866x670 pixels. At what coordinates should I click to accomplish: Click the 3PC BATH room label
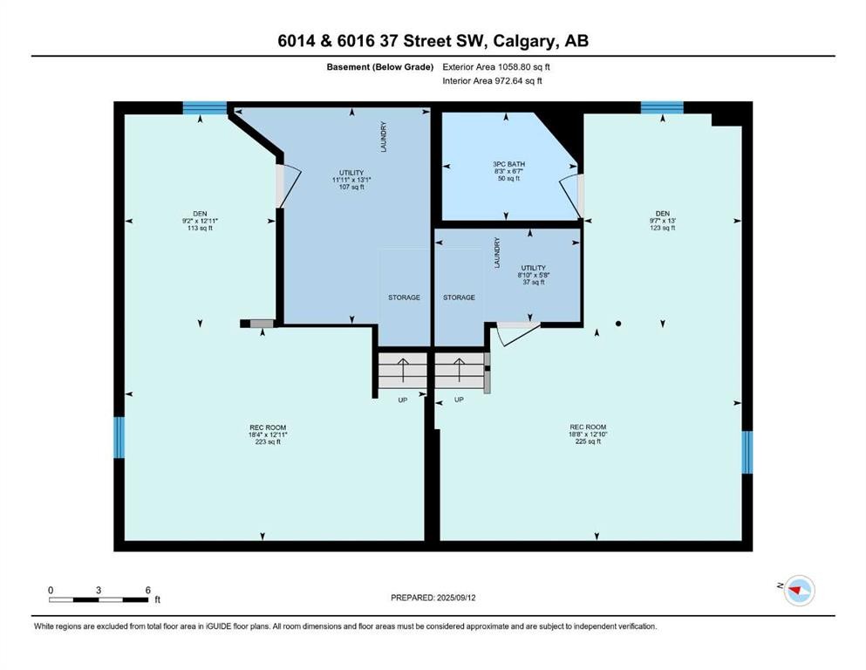(x=509, y=171)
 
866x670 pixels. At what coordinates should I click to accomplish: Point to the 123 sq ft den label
(x=662, y=221)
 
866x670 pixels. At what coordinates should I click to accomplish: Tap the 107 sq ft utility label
(x=351, y=180)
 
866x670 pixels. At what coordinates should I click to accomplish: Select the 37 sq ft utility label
(x=533, y=275)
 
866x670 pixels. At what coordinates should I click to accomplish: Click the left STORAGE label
(x=404, y=297)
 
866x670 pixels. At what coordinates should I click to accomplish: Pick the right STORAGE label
(x=459, y=297)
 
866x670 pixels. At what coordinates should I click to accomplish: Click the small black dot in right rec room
(x=618, y=324)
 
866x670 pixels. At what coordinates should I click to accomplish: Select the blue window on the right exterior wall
(x=747, y=452)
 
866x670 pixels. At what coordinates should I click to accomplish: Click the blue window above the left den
(x=205, y=108)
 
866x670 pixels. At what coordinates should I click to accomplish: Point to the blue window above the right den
(x=662, y=108)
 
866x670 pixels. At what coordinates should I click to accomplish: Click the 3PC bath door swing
(x=569, y=195)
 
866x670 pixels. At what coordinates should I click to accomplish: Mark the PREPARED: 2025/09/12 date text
(x=433, y=598)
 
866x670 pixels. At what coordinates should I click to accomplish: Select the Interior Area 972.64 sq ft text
(x=494, y=81)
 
